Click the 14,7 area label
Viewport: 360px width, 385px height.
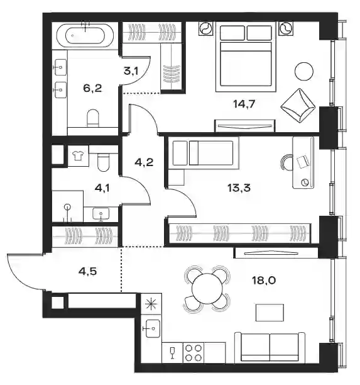click(244, 104)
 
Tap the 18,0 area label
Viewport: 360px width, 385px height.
click(264, 280)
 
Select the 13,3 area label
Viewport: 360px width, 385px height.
click(239, 188)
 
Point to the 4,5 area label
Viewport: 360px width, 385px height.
click(87, 272)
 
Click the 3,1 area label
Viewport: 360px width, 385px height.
click(131, 71)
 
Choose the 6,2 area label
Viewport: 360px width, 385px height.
click(92, 88)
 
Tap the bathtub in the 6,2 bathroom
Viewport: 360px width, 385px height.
click(85, 35)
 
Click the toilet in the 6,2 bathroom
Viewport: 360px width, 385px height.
click(92, 118)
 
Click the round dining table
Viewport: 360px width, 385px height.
click(207, 288)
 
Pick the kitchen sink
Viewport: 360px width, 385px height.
click(152, 328)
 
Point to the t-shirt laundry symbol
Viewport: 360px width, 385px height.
click(79, 155)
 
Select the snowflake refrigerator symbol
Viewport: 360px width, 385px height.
click(151, 304)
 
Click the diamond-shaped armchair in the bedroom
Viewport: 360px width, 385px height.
click(298, 106)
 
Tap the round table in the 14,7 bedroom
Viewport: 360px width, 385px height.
click(304, 71)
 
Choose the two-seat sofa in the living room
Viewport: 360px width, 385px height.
click(270, 347)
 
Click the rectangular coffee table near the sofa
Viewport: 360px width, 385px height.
click(270, 313)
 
